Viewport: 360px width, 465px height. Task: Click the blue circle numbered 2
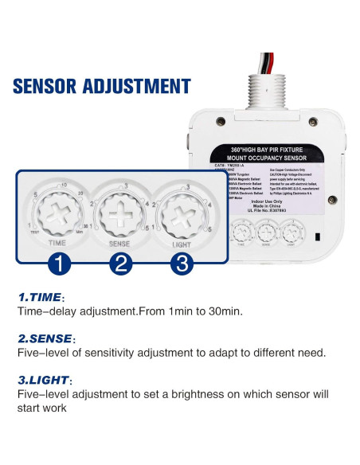click(x=120, y=262)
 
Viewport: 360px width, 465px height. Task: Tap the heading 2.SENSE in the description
click(x=45, y=338)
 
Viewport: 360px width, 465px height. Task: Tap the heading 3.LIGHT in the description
click(x=44, y=380)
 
